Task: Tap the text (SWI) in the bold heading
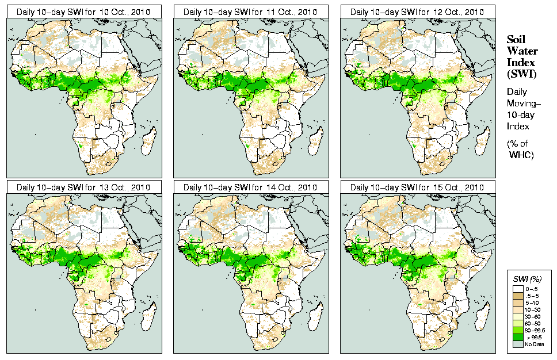click(520, 74)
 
